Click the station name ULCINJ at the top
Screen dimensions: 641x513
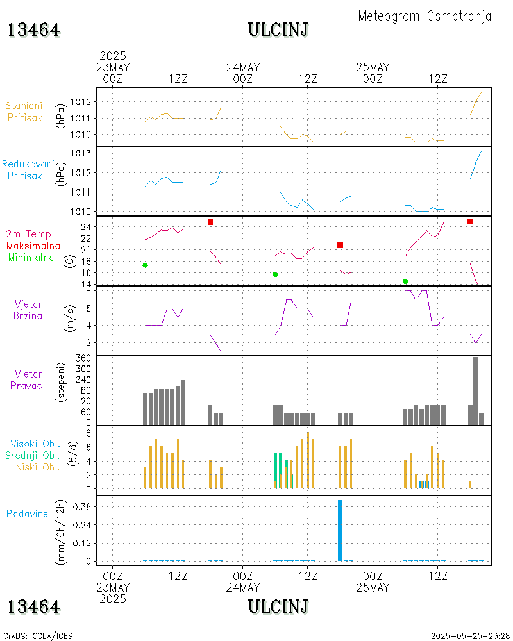(x=278, y=29)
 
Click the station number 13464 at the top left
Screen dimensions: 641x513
(x=34, y=29)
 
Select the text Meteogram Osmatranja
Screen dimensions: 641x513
(x=425, y=16)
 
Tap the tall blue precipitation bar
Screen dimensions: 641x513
(x=340, y=530)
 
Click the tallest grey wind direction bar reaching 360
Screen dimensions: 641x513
(x=475, y=390)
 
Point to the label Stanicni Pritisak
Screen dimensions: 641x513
(x=24, y=112)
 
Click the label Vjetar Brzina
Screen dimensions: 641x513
(x=28, y=310)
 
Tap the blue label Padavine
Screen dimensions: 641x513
(x=28, y=513)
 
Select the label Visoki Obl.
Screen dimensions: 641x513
(x=35, y=444)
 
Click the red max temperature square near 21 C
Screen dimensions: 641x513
(x=340, y=246)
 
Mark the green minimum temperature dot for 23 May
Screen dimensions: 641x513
(x=146, y=265)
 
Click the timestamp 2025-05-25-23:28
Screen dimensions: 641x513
(x=471, y=636)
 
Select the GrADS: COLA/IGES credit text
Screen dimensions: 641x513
(x=38, y=636)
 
